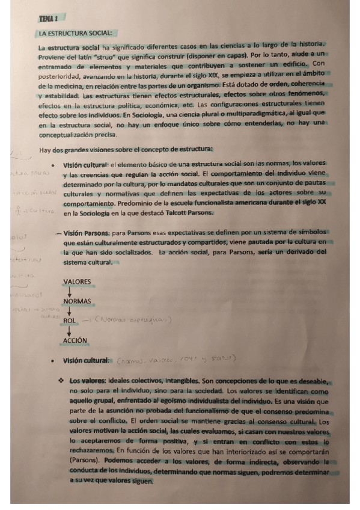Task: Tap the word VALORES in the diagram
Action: tap(76, 281)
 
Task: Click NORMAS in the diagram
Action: tap(76, 301)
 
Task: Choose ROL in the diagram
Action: tap(70, 321)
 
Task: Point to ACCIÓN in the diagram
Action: tap(75, 340)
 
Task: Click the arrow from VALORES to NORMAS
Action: tap(70, 291)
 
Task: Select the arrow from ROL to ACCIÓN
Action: tap(70, 331)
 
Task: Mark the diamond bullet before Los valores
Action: tap(61, 380)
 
